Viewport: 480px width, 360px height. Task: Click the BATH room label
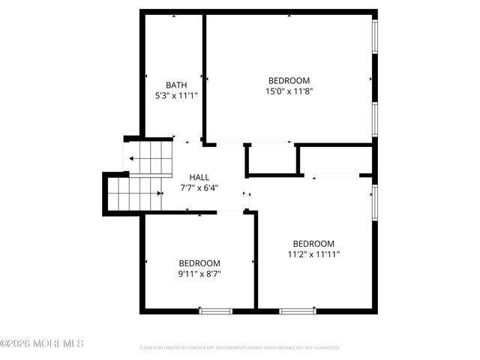[x=176, y=85]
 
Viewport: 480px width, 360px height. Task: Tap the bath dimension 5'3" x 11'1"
[x=176, y=96]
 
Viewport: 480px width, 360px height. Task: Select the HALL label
[x=199, y=177]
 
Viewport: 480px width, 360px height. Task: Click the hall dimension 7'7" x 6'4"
[x=199, y=188]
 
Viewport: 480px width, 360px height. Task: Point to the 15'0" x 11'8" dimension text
[x=289, y=91]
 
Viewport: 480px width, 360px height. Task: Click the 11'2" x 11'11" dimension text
[x=313, y=254]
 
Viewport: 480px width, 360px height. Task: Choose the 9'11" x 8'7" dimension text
[x=199, y=274]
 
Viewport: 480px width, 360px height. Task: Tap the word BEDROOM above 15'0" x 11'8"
[x=289, y=80]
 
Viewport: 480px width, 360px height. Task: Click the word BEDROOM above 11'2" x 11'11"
[x=313, y=243]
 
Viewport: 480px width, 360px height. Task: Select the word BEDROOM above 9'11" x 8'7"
[x=199, y=263]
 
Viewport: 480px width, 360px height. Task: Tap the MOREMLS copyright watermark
[x=42, y=343]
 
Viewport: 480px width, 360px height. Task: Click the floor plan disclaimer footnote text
[x=240, y=348]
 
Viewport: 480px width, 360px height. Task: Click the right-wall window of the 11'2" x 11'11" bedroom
[x=375, y=200]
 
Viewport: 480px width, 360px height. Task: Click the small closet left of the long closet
[x=271, y=159]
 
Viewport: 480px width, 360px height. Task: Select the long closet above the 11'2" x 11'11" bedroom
[x=336, y=160]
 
